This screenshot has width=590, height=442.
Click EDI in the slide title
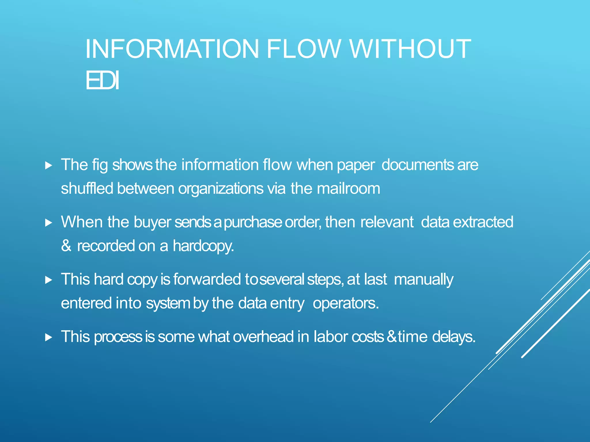102,81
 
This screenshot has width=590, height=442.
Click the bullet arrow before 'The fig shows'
49,165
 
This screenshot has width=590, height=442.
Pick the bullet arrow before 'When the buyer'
49,223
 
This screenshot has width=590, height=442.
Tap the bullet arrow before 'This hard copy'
49,280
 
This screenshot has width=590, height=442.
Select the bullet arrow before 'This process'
49,337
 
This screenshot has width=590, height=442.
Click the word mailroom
348,189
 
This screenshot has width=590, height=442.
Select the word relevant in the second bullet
387,222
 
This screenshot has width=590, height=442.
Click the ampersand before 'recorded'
66,246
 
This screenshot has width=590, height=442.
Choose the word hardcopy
203,246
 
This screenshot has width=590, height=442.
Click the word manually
423,280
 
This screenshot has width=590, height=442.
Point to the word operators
346,304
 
